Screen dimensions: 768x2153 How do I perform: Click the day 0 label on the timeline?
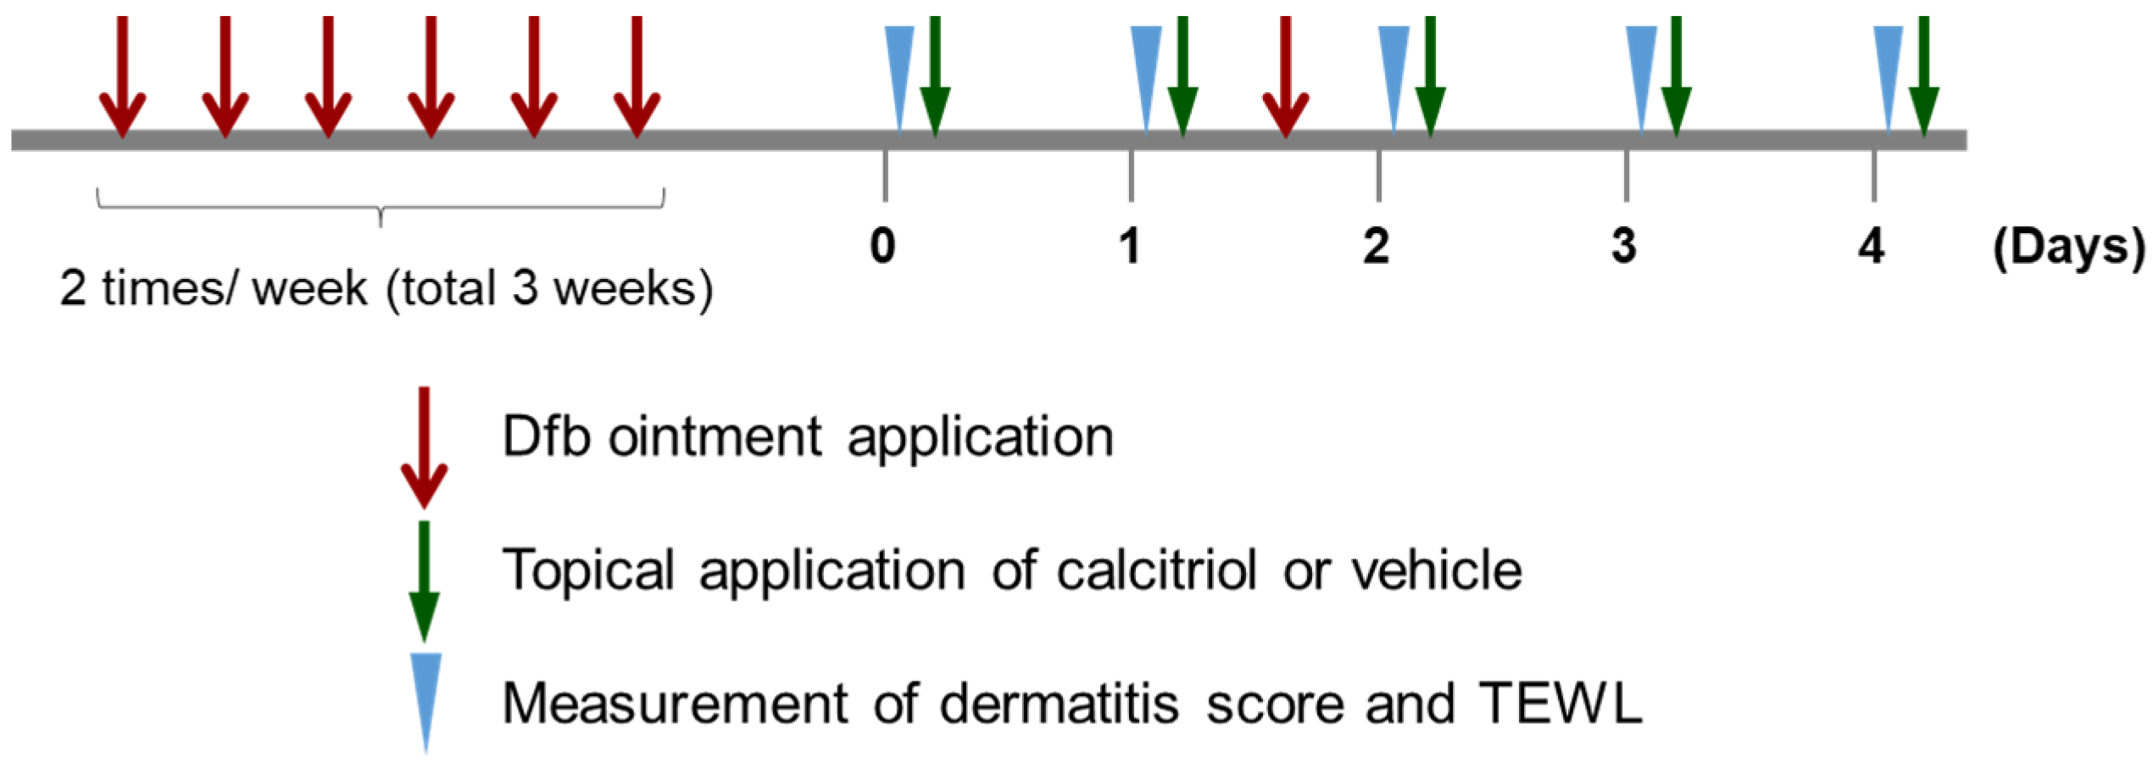point(882,246)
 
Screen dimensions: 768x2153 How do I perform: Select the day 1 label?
point(1129,246)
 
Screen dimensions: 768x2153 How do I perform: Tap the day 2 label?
point(1377,246)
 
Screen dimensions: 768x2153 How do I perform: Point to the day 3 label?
point(1623,246)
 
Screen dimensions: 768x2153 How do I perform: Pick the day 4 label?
point(1872,246)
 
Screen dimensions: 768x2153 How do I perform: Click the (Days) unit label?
point(2068,248)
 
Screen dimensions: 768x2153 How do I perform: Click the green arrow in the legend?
point(424,581)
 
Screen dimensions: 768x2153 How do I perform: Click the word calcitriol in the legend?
point(1156,570)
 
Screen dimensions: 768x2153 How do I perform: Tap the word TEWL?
point(1561,704)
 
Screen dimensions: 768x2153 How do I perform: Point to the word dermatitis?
point(1059,704)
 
